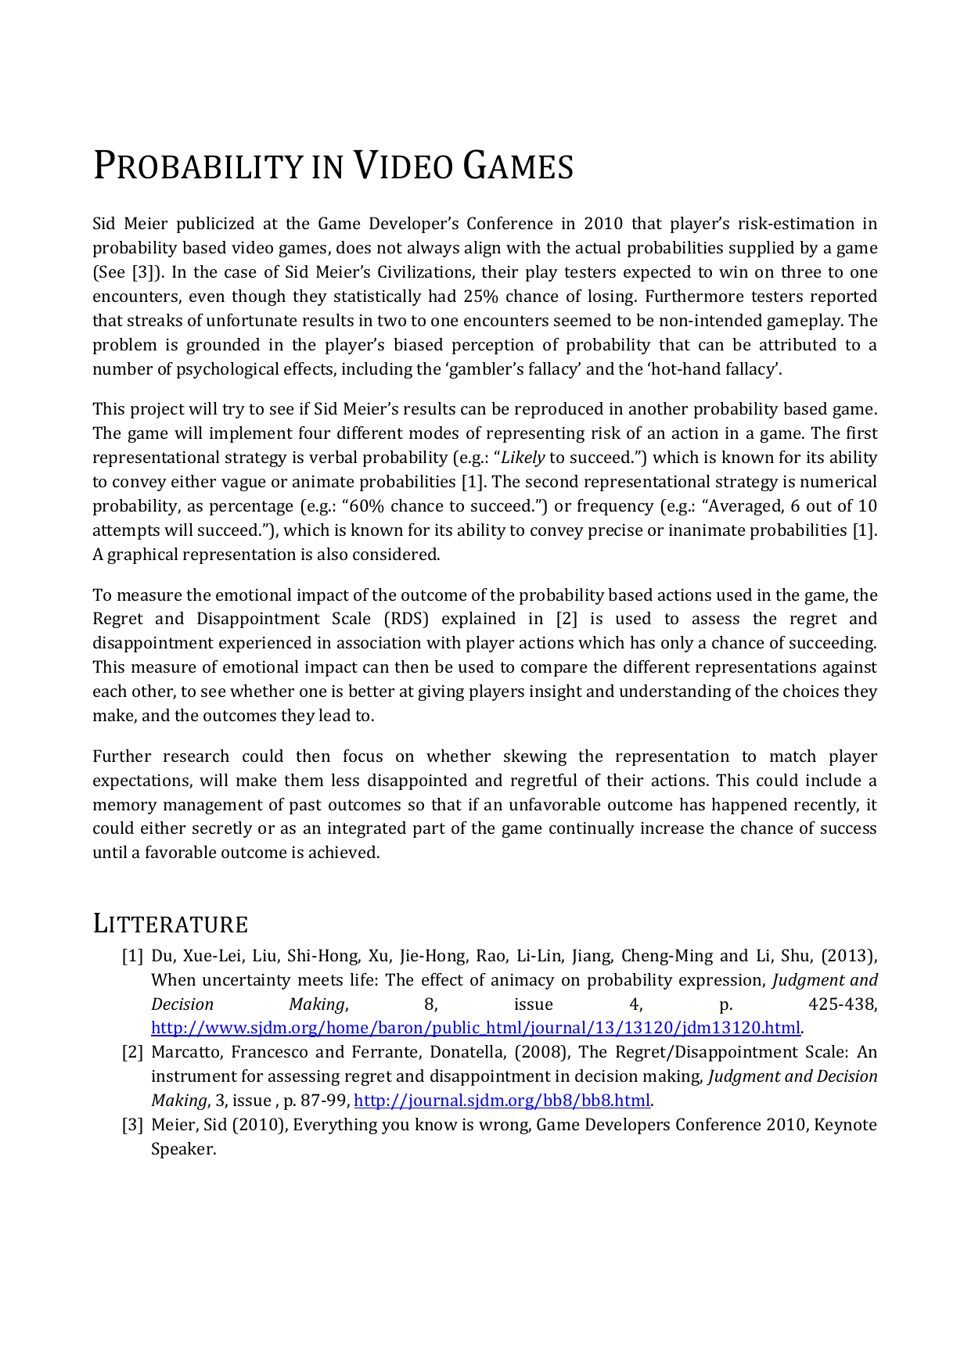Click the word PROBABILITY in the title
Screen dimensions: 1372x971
point(196,167)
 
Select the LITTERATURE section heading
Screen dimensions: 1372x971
point(170,924)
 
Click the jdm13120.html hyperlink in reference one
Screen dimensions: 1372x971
point(476,1028)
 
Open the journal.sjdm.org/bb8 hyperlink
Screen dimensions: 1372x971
point(502,1101)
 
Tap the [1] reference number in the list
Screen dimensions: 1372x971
point(132,956)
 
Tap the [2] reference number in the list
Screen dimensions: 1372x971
point(132,1052)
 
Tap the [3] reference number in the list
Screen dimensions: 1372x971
point(132,1125)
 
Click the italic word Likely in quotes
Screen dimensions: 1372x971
point(522,458)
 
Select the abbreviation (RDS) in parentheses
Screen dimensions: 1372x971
point(406,619)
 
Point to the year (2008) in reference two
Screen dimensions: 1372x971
point(541,1052)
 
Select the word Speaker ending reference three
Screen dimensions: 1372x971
point(182,1149)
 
